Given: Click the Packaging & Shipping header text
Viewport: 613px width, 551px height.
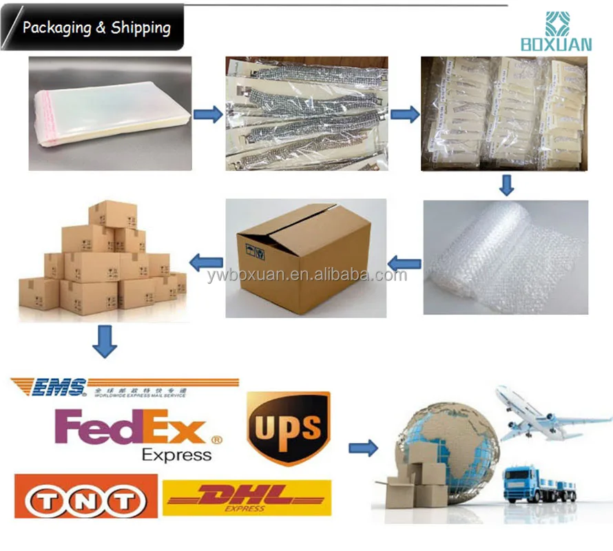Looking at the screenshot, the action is pyautogui.click(x=96, y=28).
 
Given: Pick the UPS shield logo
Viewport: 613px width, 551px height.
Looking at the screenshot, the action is pyautogui.click(x=288, y=427).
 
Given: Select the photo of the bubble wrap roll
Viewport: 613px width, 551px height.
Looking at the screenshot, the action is pyautogui.click(x=505, y=257).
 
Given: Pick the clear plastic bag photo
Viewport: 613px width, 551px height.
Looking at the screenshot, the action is pyautogui.click(x=109, y=113).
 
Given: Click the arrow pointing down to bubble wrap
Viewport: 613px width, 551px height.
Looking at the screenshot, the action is pyautogui.click(x=507, y=185).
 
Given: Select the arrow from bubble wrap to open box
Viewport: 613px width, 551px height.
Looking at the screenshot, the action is pyautogui.click(x=404, y=262).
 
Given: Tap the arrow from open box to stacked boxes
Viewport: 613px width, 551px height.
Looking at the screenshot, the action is pyautogui.click(x=206, y=261).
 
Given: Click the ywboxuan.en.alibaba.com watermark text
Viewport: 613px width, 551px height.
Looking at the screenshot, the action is pyautogui.click(x=306, y=275).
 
